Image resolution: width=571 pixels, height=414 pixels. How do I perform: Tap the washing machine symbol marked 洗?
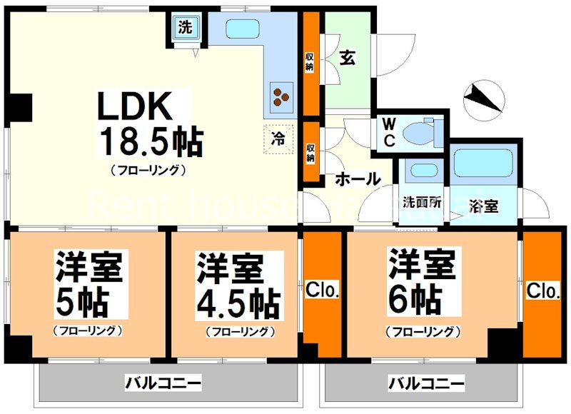coord(186,28)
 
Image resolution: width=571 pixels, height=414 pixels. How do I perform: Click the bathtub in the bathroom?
coord(479,166)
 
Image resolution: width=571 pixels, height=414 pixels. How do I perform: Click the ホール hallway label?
coord(358,179)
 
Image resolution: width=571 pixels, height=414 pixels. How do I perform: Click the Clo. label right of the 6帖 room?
coord(543,291)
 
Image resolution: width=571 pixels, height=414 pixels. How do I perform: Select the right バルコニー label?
coord(426,383)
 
